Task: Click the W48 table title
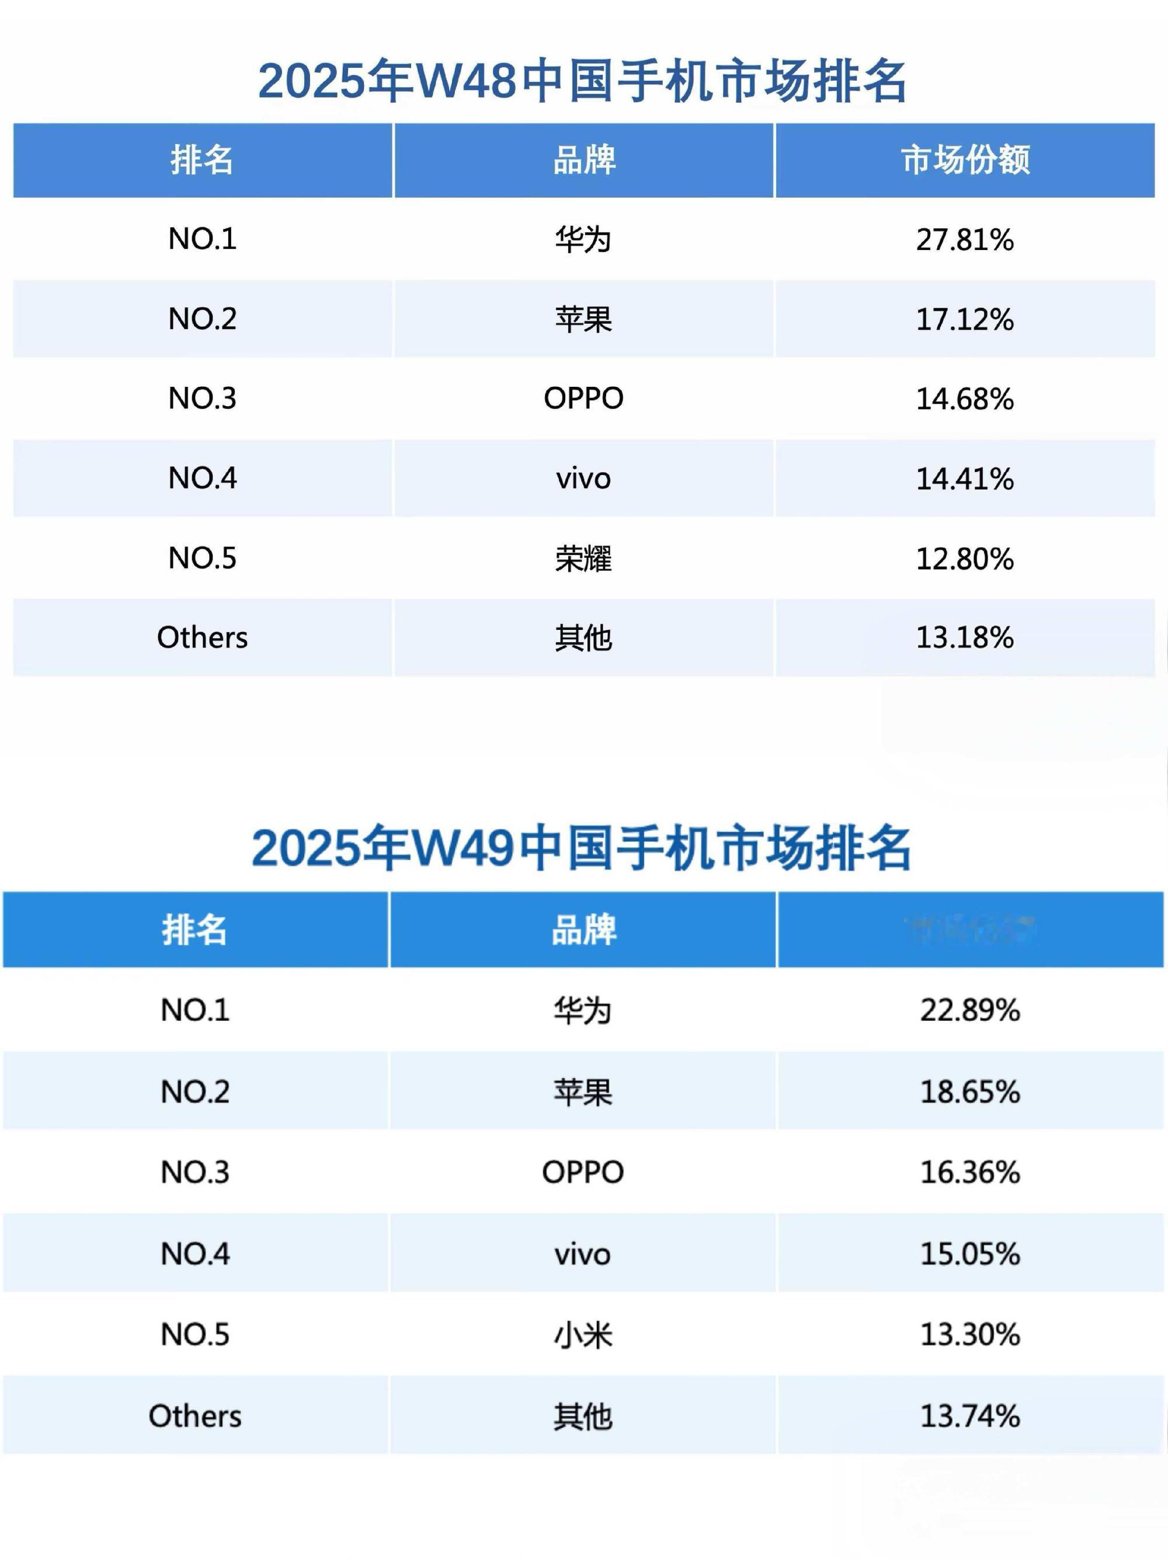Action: point(582,81)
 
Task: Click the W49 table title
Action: point(582,848)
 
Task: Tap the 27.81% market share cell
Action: point(964,240)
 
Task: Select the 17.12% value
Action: point(964,319)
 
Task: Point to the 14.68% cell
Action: point(964,399)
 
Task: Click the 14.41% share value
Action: point(964,479)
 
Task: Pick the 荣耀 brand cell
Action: point(583,559)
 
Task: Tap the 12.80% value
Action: point(964,559)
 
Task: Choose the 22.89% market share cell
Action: point(970,1010)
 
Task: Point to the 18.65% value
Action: point(970,1092)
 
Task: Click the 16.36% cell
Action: point(970,1173)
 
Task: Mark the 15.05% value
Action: point(970,1254)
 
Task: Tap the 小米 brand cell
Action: point(583,1335)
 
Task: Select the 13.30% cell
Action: point(970,1335)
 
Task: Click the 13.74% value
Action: point(970,1416)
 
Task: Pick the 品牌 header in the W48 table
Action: point(584,160)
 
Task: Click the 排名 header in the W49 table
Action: point(194,930)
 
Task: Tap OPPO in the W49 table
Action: point(583,1173)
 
